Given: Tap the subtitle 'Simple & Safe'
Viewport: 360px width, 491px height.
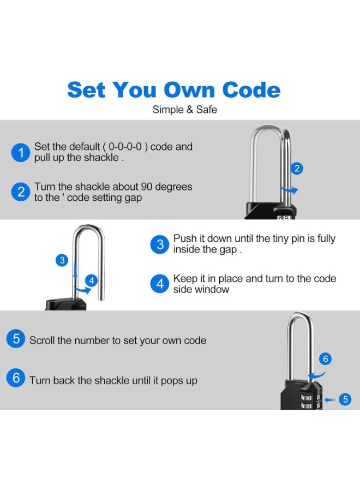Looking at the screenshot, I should coord(184,110).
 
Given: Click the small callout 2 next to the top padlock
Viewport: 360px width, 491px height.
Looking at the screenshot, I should coord(296,169).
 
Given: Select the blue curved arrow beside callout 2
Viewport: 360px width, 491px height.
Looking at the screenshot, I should coord(290,190).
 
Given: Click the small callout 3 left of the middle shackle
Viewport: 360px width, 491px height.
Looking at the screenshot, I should coord(63,260).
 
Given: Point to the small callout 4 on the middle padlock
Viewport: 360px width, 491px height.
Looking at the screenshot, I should coord(92,281).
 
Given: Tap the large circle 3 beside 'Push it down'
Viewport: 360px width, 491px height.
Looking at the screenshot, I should coord(159,244).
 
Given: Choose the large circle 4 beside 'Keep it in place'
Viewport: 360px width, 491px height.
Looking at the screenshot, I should coord(159,284).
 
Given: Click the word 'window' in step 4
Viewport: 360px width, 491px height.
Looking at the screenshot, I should coord(212,289).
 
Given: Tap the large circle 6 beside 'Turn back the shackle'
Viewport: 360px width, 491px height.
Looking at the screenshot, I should coord(16,378).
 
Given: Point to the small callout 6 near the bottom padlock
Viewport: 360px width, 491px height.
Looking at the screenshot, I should coord(325,358).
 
